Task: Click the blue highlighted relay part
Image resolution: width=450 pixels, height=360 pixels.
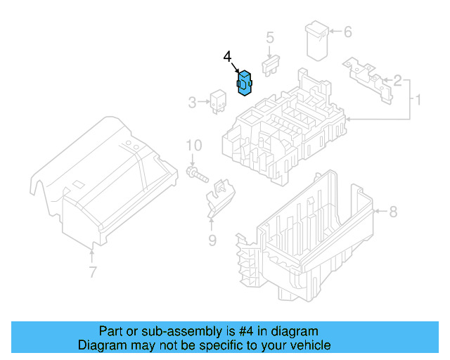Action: pos(246,84)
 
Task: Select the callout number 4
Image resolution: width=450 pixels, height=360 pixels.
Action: pos(227,56)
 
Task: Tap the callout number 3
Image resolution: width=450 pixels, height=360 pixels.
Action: pos(192,103)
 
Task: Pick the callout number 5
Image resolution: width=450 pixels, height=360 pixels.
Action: pos(269,38)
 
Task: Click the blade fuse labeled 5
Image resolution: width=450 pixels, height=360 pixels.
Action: pos(271,67)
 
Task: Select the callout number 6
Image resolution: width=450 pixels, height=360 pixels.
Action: pos(347,32)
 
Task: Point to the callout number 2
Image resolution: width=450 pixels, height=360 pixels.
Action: pos(397,81)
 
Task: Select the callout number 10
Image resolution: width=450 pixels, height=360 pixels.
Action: pos(193,146)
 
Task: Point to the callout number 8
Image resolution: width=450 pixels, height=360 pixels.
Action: pos(393,210)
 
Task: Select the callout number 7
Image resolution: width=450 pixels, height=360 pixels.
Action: pos(92,272)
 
